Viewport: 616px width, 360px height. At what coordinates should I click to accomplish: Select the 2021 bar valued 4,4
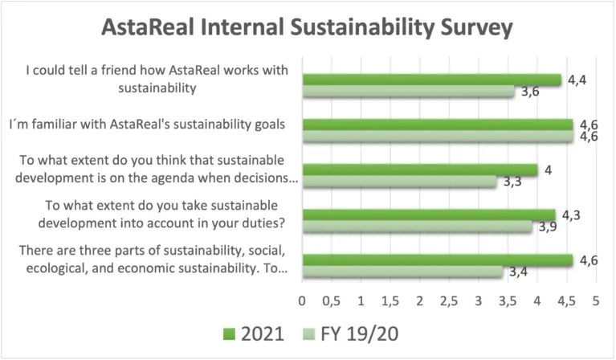coord(431,80)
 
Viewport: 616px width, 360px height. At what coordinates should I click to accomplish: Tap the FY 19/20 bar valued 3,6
coord(408,92)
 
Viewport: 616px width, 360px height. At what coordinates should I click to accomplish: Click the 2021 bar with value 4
coord(420,170)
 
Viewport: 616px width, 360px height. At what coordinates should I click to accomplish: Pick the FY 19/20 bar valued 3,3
coord(399,182)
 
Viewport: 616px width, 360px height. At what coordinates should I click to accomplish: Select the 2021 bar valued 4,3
coord(429,215)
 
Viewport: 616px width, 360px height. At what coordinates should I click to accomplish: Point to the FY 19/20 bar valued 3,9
coord(417,227)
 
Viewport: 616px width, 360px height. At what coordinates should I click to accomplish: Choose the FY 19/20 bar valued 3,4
coord(402,272)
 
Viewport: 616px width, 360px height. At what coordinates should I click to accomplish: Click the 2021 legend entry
coord(248,333)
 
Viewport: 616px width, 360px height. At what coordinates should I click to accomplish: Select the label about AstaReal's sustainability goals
coord(149,125)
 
